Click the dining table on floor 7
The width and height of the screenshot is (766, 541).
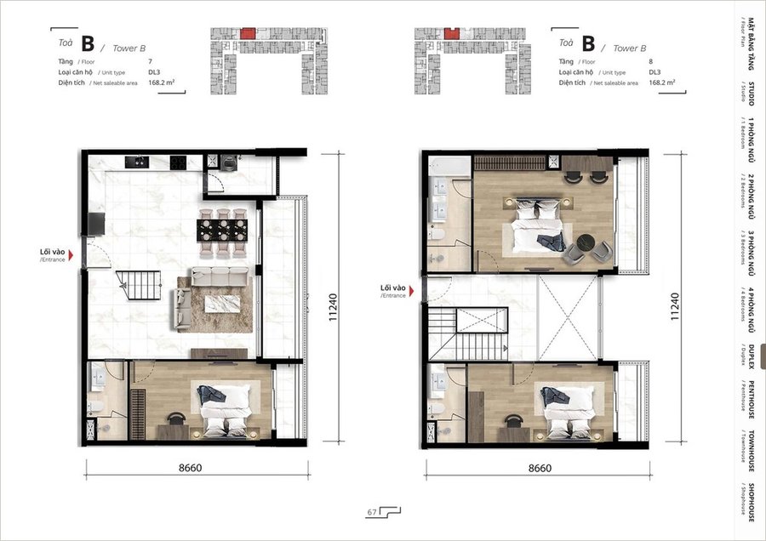click(222, 231)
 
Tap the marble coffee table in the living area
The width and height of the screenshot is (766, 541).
click(222, 304)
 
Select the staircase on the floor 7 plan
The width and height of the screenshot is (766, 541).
click(139, 285)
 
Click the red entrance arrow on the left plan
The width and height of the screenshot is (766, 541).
click(71, 255)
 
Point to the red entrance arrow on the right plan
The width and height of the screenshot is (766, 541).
click(411, 291)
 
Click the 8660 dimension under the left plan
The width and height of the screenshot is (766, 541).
click(190, 468)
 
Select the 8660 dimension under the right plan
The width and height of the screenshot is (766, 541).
click(540, 468)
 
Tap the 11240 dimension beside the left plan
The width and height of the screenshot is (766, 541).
click(333, 306)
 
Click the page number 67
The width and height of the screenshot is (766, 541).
click(372, 512)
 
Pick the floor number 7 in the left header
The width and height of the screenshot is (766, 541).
click(150, 61)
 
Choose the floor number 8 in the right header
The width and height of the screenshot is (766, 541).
click(651, 61)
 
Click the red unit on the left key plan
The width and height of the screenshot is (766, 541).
click(248, 33)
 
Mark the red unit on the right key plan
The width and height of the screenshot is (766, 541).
click(452, 33)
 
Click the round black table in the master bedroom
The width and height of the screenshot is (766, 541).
click(586, 242)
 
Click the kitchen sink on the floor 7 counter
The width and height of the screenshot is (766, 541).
click(137, 162)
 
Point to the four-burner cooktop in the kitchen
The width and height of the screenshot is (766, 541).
click(178, 162)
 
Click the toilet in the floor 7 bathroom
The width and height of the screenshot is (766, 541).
click(95, 406)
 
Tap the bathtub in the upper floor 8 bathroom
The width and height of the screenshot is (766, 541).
click(449, 165)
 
